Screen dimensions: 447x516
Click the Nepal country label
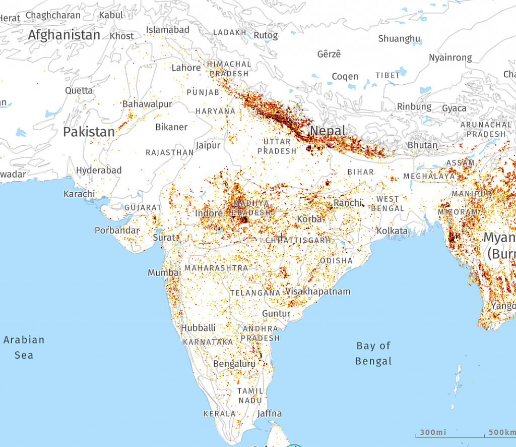pos(328,131)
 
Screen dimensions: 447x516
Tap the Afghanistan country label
pos(64,35)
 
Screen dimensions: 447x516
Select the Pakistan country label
pos(89,132)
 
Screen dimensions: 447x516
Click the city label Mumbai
pos(164,272)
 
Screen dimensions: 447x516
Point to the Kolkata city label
pos(392,231)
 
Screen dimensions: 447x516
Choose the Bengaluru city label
pos(234,363)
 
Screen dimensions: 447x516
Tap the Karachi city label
pos(79,194)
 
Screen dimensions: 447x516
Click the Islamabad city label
pos(168,30)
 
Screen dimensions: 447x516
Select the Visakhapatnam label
pos(318,292)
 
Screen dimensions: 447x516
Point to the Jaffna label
pos(270,414)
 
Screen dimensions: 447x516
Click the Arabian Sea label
pos(24,347)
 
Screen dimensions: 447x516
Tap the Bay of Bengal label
pos(373,353)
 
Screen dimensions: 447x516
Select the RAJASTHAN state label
pos(169,152)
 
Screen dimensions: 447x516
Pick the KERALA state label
pos(219,414)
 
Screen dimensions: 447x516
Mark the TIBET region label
pos(388,75)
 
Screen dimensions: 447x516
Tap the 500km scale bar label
pos(502,432)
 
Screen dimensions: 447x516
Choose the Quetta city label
pos(79,90)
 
